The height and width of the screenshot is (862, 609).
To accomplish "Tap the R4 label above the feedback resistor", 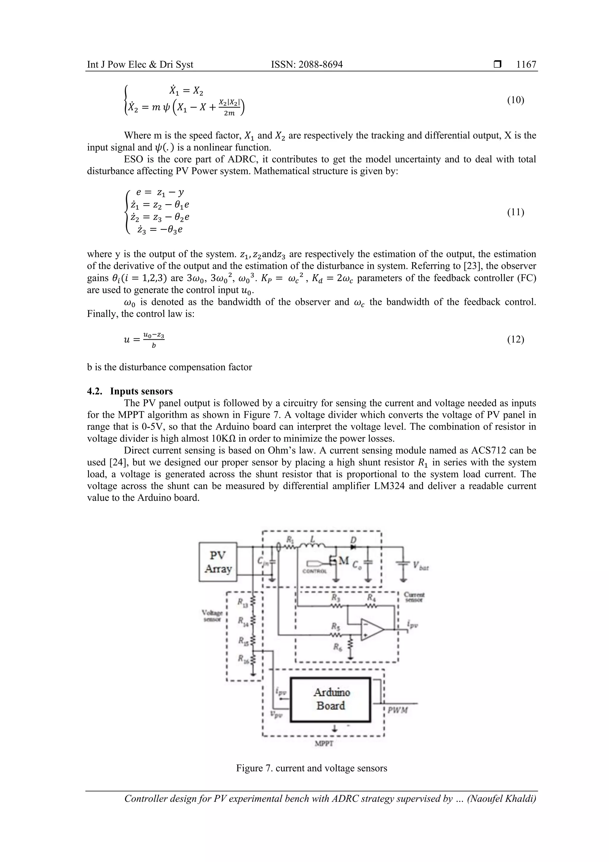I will (x=370, y=597).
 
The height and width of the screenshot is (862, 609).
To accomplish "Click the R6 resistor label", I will (x=337, y=646).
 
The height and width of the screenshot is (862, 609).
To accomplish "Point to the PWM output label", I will (x=398, y=710).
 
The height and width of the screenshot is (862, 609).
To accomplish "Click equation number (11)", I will (x=515, y=213).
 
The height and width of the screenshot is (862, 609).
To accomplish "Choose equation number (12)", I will (x=515, y=339).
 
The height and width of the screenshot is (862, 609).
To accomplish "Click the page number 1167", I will (x=526, y=65).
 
